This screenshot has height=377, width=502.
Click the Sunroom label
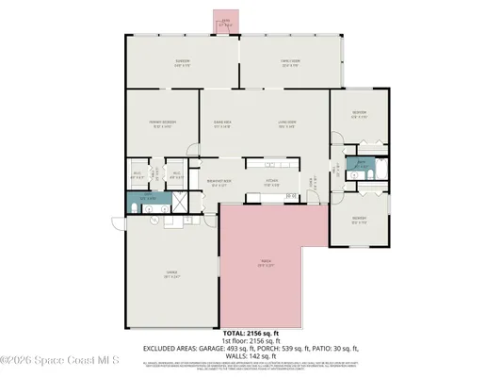pyautogui.click(x=183, y=64)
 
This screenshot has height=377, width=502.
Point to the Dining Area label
pyautogui.click(x=222, y=123)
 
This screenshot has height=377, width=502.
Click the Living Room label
pyautogui.click(x=286, y=123)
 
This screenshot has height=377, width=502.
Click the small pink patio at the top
pyautogui.click(x=226, y=23)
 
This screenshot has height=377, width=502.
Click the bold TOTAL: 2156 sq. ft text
pyautogui.click(x=251, y=334)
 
